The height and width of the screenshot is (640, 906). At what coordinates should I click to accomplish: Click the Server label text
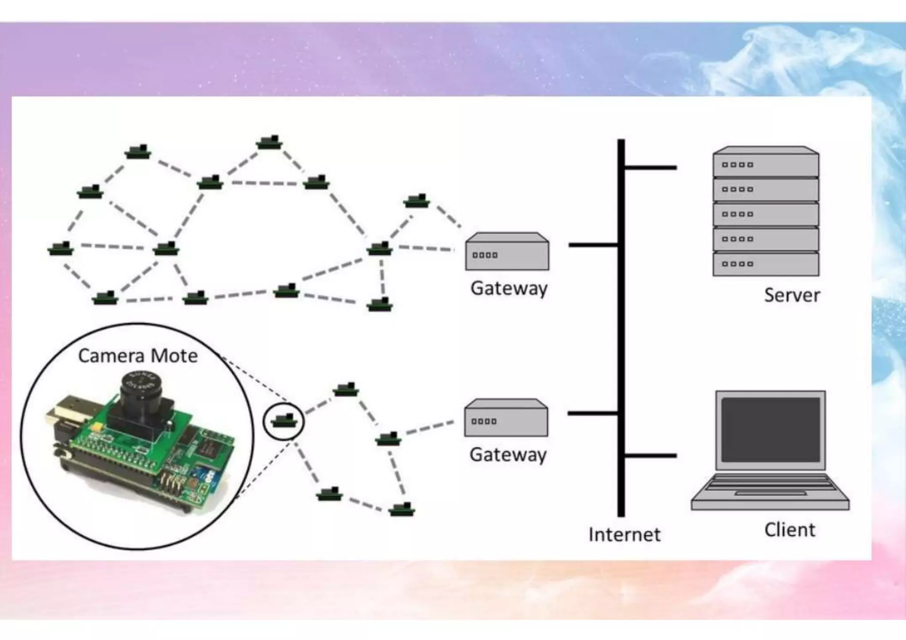[x=792, y=295]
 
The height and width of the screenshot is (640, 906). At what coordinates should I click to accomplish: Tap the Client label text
[x=790, y=530]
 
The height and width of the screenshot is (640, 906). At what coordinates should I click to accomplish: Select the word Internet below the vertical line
[x=624, y=535]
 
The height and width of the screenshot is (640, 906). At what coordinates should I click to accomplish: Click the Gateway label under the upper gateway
[x=509, y=288]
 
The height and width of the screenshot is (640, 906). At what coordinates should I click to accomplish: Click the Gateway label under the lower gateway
[x=508, y=455]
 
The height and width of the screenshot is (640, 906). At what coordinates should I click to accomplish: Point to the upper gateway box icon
[x=507, y=252]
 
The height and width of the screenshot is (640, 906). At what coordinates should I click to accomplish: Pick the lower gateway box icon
[x=506, y=418]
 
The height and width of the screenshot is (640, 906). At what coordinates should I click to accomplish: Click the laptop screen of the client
[x=770, y=429]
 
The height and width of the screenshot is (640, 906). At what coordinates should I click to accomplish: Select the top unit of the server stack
[x=766, y=162]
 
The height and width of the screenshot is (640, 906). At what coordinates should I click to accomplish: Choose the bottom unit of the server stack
[x=766, y=264]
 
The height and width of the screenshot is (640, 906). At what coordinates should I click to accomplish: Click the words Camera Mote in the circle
[x=138, y=356]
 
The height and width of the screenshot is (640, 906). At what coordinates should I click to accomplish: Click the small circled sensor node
[x=284, y=421]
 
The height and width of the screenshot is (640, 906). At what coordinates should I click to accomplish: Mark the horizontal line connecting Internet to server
[x=650, y=168]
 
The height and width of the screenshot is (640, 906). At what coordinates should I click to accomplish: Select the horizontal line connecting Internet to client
[x=650, y=455]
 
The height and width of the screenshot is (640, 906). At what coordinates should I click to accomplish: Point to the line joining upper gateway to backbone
[x=593, y=245]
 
